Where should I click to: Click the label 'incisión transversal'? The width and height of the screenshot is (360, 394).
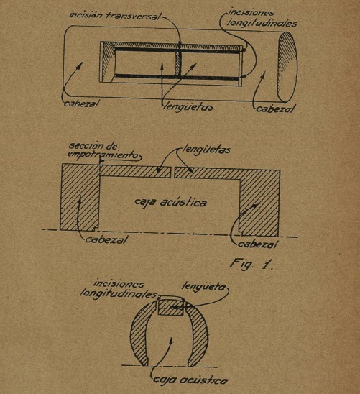114,15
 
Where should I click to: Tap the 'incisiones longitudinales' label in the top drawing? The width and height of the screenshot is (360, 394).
262,19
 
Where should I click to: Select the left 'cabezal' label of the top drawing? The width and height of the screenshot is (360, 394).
81,104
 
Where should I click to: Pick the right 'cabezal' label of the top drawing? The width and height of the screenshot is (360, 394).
275,109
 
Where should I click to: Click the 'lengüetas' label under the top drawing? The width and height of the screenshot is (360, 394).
188,107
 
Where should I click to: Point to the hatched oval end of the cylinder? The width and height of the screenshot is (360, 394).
287,67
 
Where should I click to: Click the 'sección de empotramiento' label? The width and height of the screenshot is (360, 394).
103,151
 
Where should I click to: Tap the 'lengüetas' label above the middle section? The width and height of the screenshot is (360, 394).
206,150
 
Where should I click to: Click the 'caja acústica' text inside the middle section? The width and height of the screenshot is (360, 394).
171,202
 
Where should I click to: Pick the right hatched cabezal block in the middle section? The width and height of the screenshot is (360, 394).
259,203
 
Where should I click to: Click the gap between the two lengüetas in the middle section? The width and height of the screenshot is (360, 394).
172,173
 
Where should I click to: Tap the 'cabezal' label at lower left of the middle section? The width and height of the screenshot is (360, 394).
106,239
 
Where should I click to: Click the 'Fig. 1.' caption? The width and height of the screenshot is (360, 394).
251,265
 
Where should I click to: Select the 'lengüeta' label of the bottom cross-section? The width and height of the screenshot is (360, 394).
203,287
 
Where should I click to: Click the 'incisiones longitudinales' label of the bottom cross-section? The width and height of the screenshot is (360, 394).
119,289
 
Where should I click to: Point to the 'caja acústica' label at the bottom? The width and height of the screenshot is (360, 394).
190,380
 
